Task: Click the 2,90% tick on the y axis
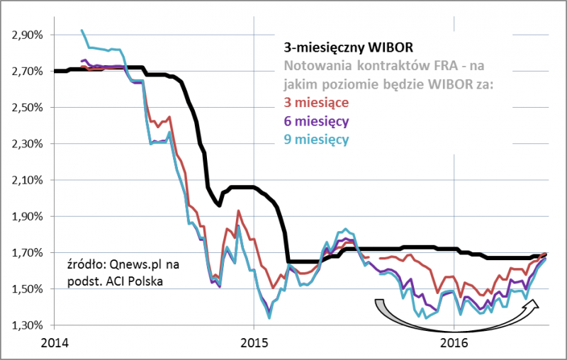pyautogui.click(x=27, y=35)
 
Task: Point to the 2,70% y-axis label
pyautogui.click(x=27, y=72)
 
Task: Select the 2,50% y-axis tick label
pyautogui.click(x=27, y=108)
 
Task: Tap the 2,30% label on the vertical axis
pyautogui.click(x=27, y=144)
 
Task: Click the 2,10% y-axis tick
pyautogui.click(x=27, y=180)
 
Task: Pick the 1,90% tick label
pyautogui.click(x=27, y=216)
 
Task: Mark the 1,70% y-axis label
pyautogui.click(x=27, y=253)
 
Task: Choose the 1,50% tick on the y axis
pyautogui.click(x=27, y=289)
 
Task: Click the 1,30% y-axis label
pyautogui.click(x=27, y=325)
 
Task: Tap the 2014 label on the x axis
pyautogui.click(x=55, y=344)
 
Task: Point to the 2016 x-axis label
pyautogui.click(x=454, y=344)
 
